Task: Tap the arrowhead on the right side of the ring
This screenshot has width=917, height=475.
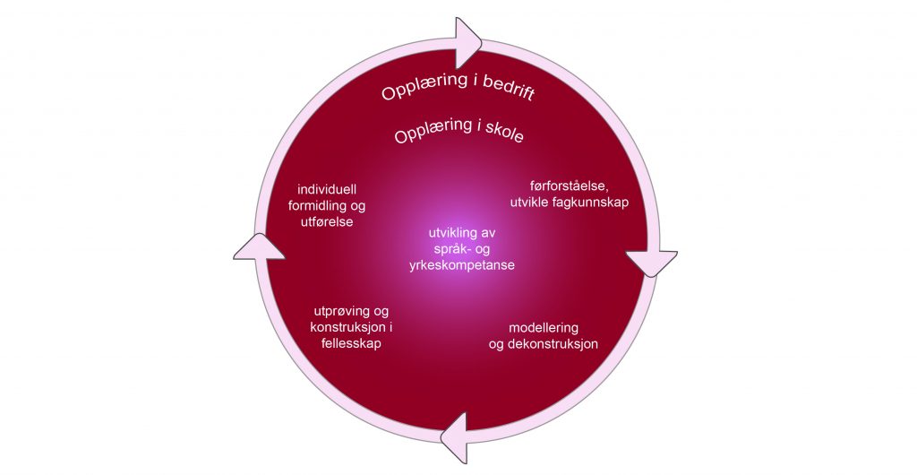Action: pyautogui.click(x=651, y=263)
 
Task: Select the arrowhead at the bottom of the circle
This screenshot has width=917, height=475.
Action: pyautogui.click(x=457, y=434)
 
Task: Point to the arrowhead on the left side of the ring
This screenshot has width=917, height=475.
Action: pyautogui.click(x=260, y=246)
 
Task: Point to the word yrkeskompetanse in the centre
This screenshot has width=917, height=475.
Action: pyautogui.click(x=463, y=265)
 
